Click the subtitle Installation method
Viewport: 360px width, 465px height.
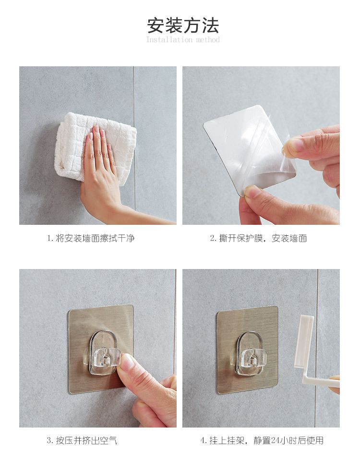click(x=183, y=39)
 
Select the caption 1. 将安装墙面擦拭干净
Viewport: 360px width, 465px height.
click(x=91, y=238)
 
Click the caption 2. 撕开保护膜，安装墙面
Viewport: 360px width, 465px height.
click(x=258, y=238)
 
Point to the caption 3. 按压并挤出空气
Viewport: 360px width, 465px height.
click(x=82, y=441)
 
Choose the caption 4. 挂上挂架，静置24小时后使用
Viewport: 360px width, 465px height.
click(x=262, y=441)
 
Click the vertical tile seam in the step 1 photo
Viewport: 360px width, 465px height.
click(x=134, y=145)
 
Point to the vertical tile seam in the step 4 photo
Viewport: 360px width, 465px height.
click(x=316, y=348)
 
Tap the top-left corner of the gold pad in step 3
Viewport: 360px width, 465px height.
click(x=69, y=310)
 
